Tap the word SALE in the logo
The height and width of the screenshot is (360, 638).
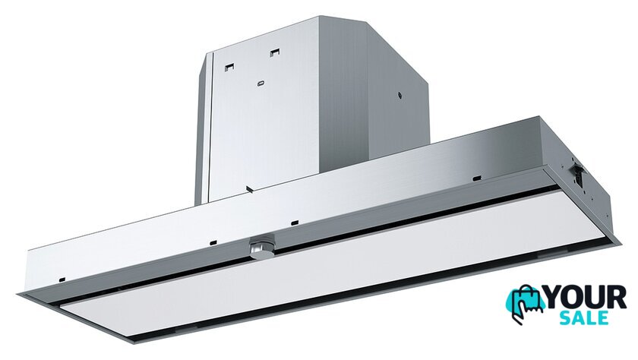[584, 317]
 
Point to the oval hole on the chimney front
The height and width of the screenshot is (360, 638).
[261, 84]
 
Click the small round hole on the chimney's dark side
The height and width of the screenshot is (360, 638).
[400, 96]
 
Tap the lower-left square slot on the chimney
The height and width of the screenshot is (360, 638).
[230, 67]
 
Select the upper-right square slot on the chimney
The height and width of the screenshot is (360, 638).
[275, 52]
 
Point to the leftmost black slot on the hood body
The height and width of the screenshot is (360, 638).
[62, 279]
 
